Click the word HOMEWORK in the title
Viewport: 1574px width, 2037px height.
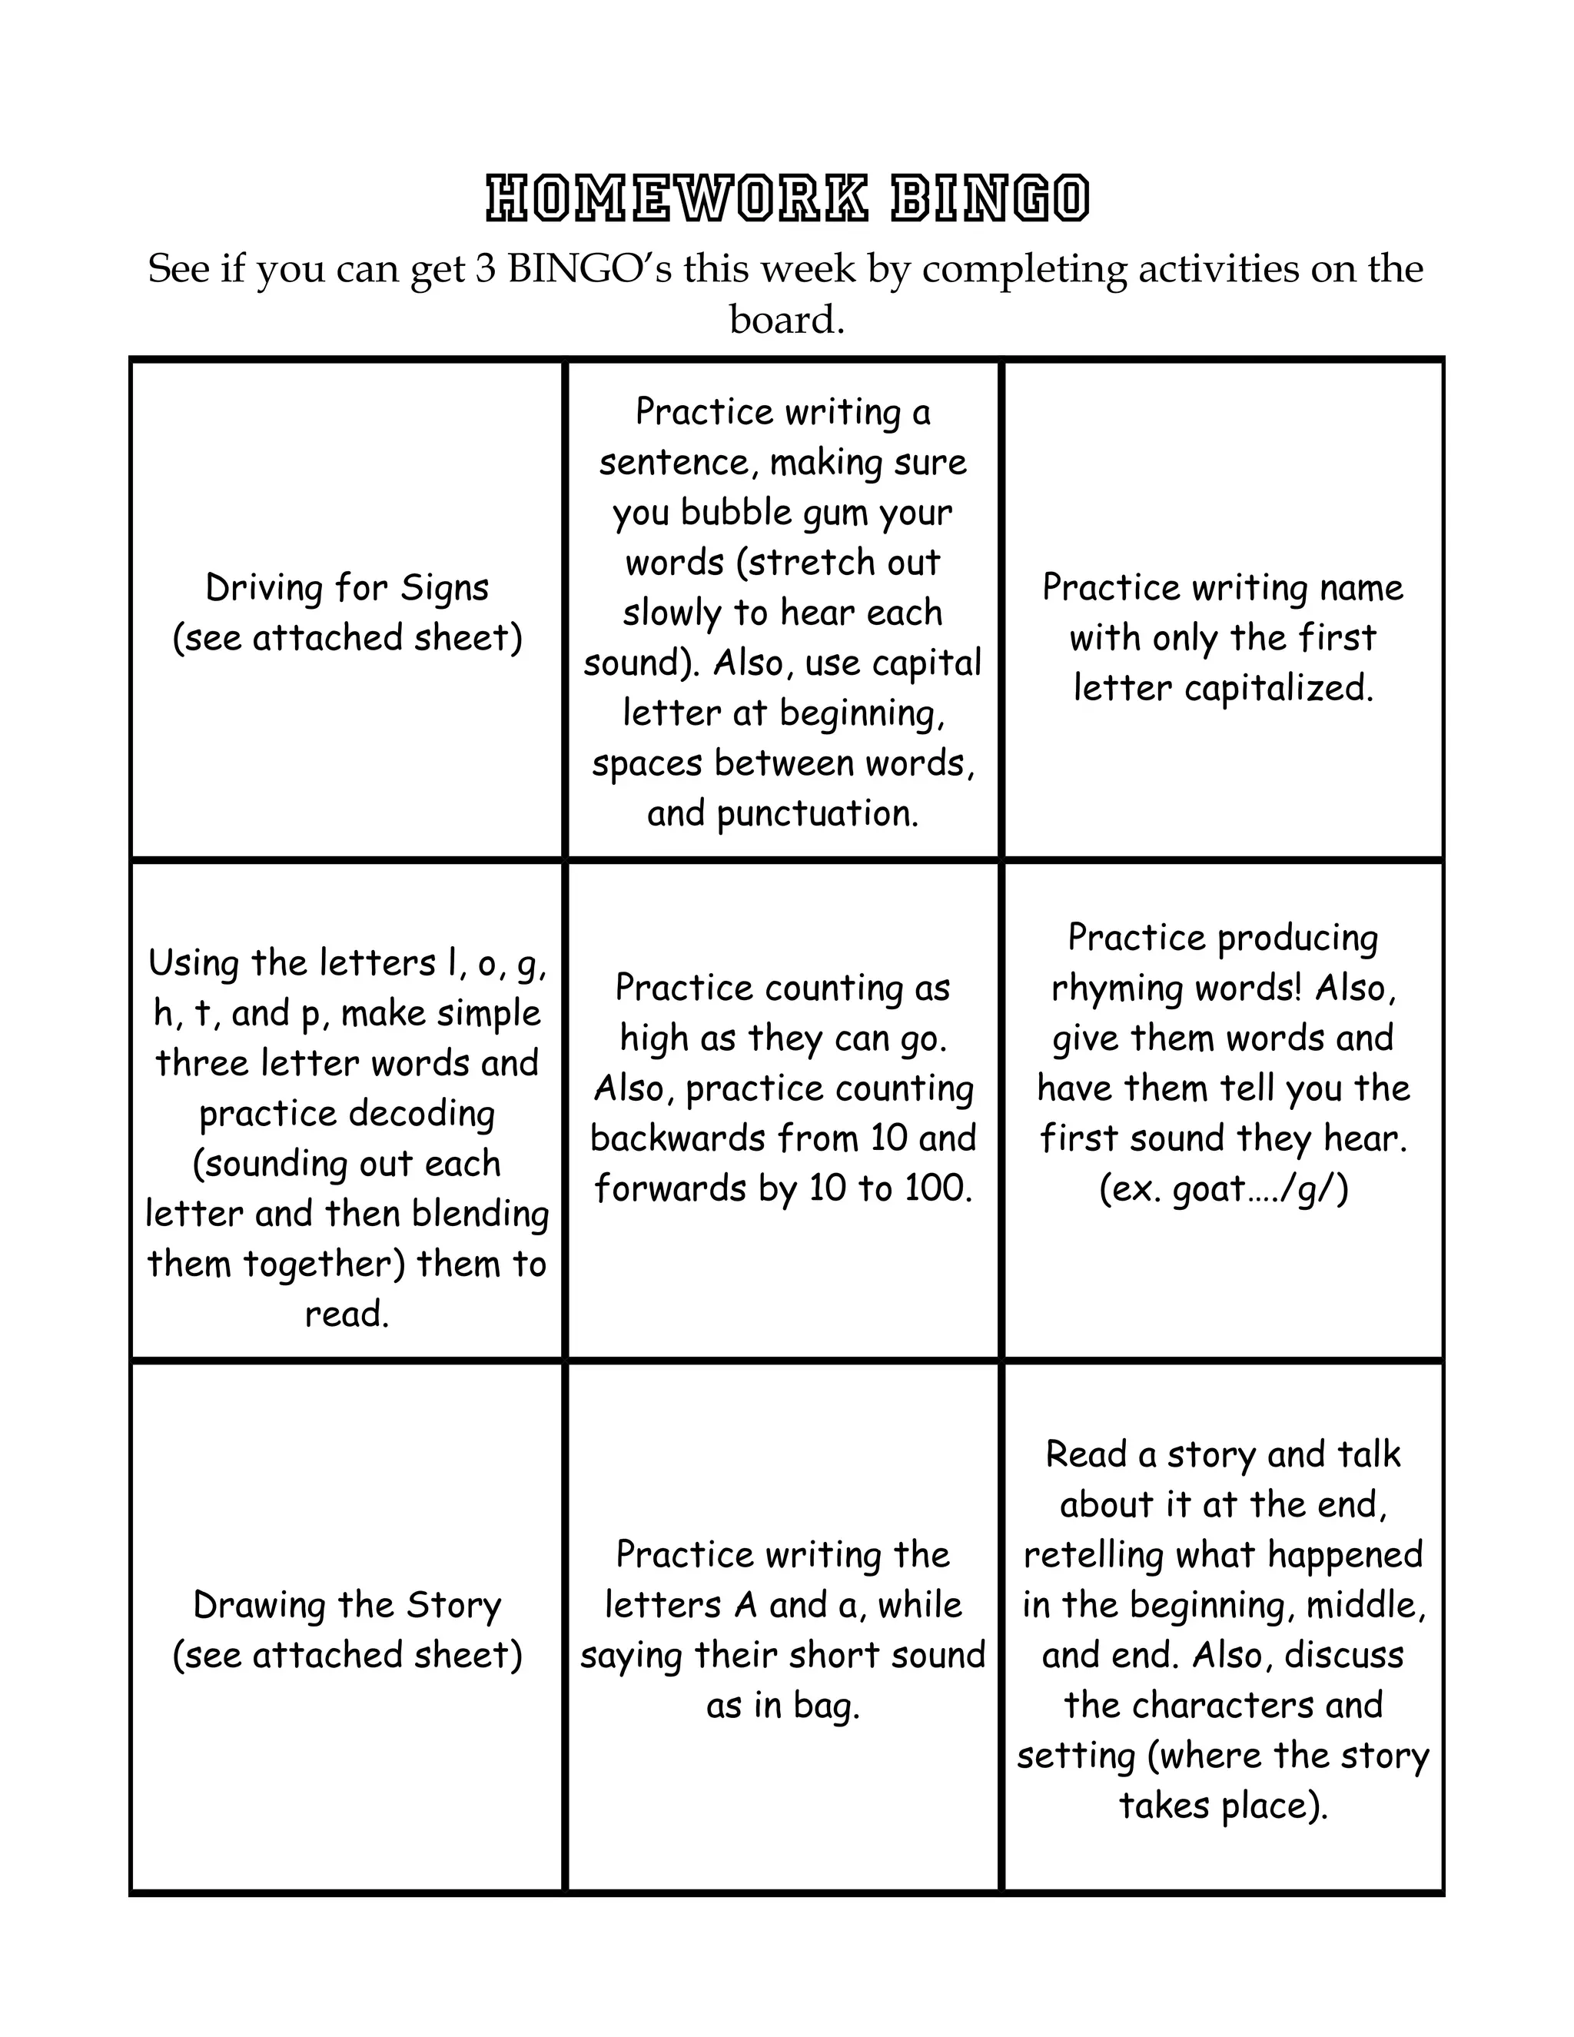(677, 198)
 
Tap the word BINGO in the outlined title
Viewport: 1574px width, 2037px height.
(990, 198)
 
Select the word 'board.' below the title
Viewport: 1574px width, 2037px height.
(787, 320)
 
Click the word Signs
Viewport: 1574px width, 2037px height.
(445, 589)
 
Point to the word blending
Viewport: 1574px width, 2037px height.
(480, 1214)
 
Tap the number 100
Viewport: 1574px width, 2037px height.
(936, 1188)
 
